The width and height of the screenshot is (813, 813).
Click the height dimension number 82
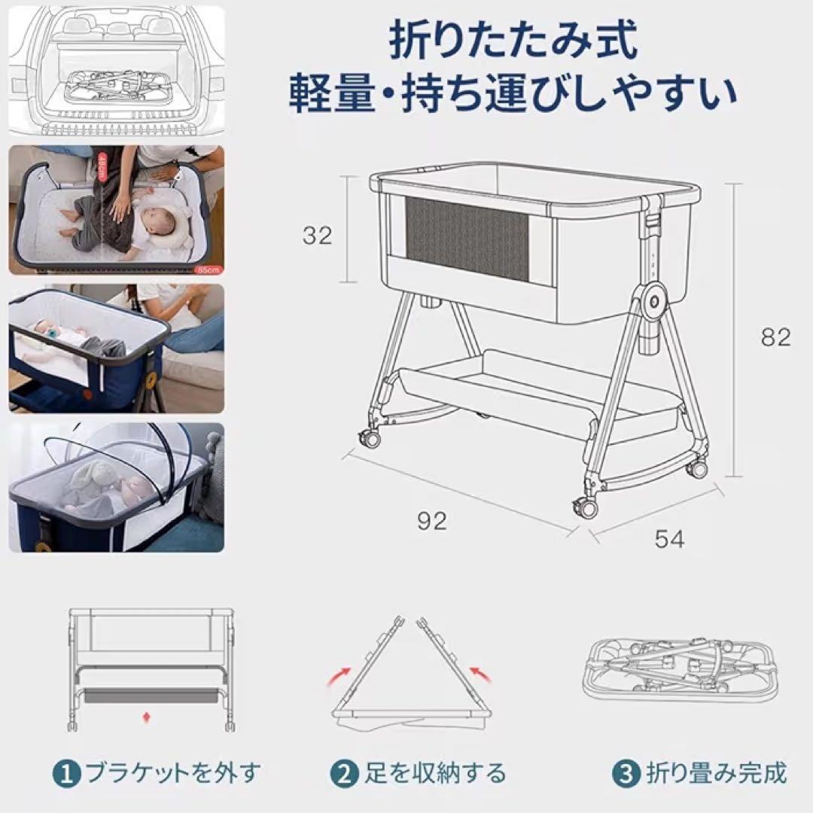tap(775, 337)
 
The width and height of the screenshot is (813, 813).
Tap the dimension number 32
tap(317, 236)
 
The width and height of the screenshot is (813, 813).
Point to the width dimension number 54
tap(669, 539)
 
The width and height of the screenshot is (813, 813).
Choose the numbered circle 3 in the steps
tap(625, 772)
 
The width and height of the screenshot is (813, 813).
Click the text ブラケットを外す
tap(172, 772)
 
